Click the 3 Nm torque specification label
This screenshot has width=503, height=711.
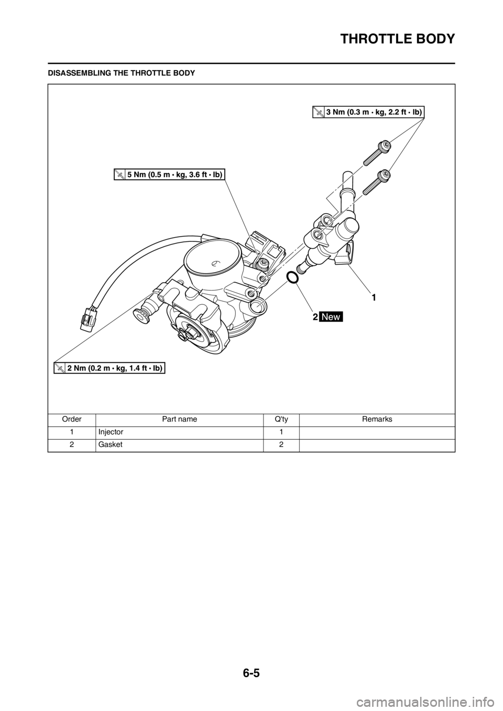368,112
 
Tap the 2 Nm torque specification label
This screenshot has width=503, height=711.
110,368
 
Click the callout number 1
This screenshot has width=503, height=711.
374,297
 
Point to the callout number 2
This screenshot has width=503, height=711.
315,317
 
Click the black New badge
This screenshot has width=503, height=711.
332,317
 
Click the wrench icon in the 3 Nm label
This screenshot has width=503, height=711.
318,112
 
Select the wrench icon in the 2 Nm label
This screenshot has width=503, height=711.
60,368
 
